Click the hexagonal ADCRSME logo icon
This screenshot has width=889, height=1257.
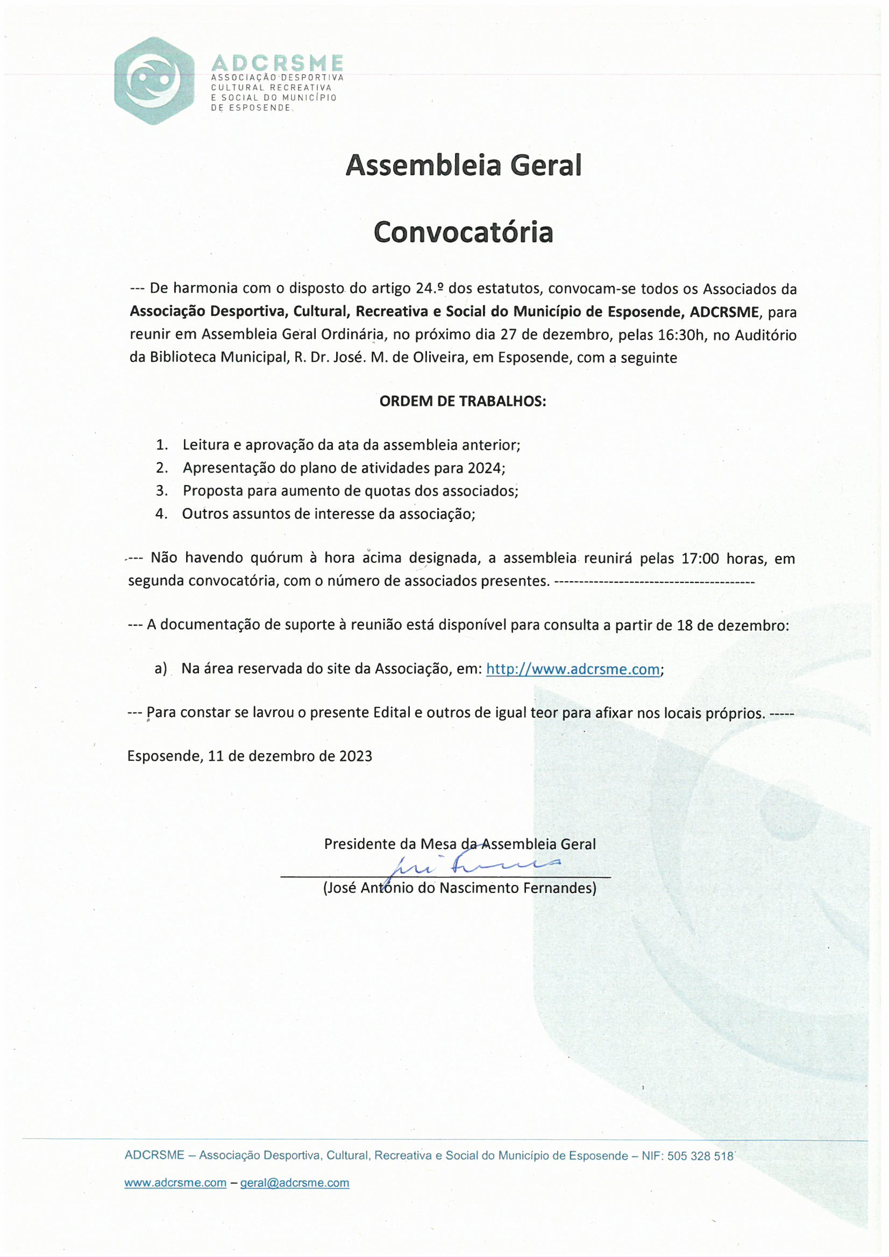(x=154, y=81)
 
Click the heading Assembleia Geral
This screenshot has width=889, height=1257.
(x=463, y=165)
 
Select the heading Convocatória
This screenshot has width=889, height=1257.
(x=463, y=232)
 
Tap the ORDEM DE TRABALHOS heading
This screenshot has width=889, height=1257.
(x=463, y=401)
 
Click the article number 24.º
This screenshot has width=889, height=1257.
(x=430, y=289)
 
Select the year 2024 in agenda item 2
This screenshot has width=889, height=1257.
(x=484, y=468)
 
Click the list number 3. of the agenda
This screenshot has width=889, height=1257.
(x=161, y=490)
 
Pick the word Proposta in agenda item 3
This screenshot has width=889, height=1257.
(x=212, y=491)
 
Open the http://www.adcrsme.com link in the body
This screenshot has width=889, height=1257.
(x=572, y=669)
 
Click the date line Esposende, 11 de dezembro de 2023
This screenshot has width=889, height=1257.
(x=250, y=756)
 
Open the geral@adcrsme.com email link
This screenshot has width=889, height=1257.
(x=294, y=1183)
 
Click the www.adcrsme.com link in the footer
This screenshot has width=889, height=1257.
(x=175, y=1183)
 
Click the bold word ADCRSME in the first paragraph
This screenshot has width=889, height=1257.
(x=724, y=312)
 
